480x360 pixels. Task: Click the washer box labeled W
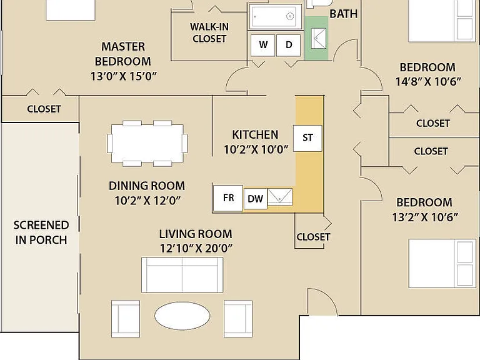pyautogui.click(x=262, y=45)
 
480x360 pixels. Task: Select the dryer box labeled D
pyautogui.click(x=288, y=45)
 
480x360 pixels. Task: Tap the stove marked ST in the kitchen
pyautogui.click(x=307, y=138)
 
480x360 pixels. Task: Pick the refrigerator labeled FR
pyautogui.click(x=228, y=198)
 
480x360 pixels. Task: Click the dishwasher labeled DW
pyautogui.click(x=255, y=199)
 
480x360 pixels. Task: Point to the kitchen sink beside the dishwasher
pyautogui.click(x=280, y=197)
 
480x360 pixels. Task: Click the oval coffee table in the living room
pyautogui.click(x=182, y=316)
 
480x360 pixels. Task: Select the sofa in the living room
pyautogui.click(x=182, y=275)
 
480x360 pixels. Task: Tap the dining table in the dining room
pyautogui.click(x=147, y=143)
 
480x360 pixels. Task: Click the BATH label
pyautogui.click(x=344, y=14)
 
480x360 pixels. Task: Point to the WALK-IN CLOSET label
pyautogui.click(x=209, y=32)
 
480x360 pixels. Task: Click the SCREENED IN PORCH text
pyautogui.click(x=41, y=232)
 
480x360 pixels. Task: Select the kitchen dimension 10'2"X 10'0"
pyautogui.click(x=256, y=150)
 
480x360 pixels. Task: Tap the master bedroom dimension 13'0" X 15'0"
pyautogui.click(x=123, y=76)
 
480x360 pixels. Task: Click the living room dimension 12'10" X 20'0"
pyautogui.click(x=196, y=248)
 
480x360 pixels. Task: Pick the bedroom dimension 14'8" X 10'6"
pyautogui.click(x=428, y=82)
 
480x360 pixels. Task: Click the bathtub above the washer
pyautogui.click(x=275, y=16)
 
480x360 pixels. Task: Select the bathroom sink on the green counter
pyautogui.click(x=318, y=38)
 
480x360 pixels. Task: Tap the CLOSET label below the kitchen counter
pyautogui.click(x=313, y=237)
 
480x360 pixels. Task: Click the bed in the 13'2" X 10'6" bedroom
pyautogui.click(x=442, y=264)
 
